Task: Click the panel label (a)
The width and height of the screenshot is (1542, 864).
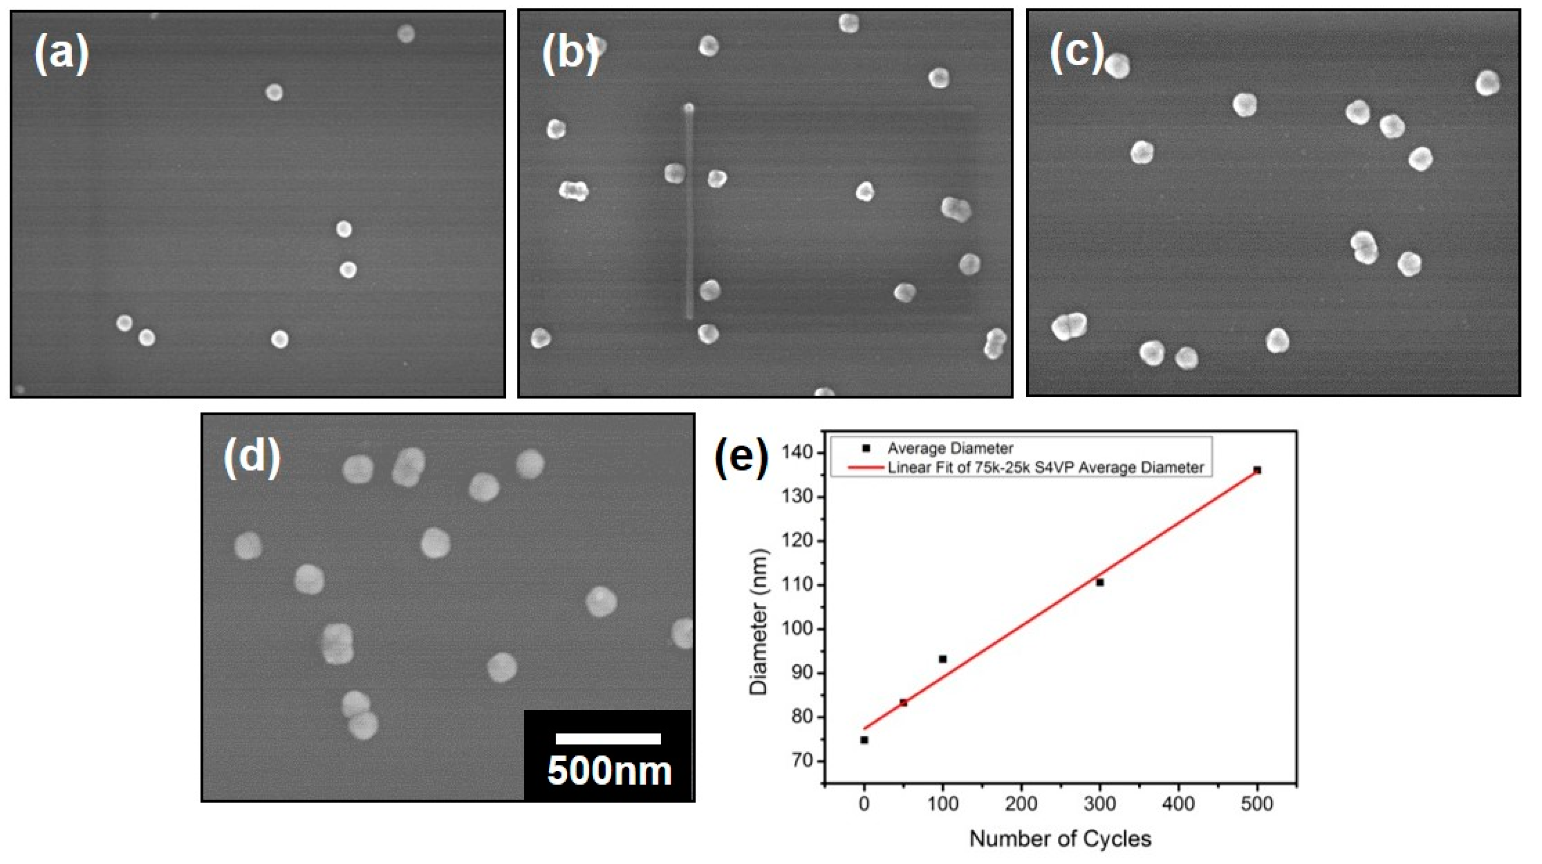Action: [x=61, y=53]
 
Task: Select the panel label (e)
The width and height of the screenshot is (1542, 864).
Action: [x=742, y=458]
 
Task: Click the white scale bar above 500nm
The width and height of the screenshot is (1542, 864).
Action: [x=608, y=739]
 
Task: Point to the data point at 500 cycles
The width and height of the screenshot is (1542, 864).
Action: [x=1257, y=470]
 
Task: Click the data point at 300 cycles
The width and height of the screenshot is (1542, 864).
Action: [x=1100, y=582]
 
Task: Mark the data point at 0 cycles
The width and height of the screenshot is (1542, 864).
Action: [x=864, y=740]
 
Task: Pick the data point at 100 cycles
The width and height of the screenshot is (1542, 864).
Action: [x=943, y=659]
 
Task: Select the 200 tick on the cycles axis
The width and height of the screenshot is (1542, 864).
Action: [x=1021, y=804]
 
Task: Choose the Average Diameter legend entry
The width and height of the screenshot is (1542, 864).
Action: [x=950, y=448]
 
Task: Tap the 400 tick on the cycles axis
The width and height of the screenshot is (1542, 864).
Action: [x=1179, y=804]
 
